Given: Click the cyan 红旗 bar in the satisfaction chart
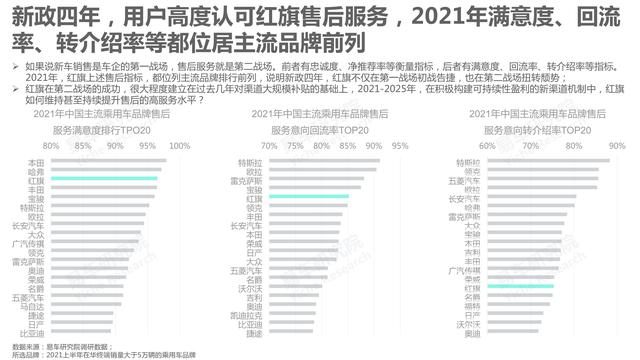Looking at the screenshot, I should click(x=105, y=179).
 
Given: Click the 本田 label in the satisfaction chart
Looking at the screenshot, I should click(x=35, y=161).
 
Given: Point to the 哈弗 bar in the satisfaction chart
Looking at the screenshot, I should click(x=105, y=170).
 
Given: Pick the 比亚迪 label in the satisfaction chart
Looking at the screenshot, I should click(x=32, y=333).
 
